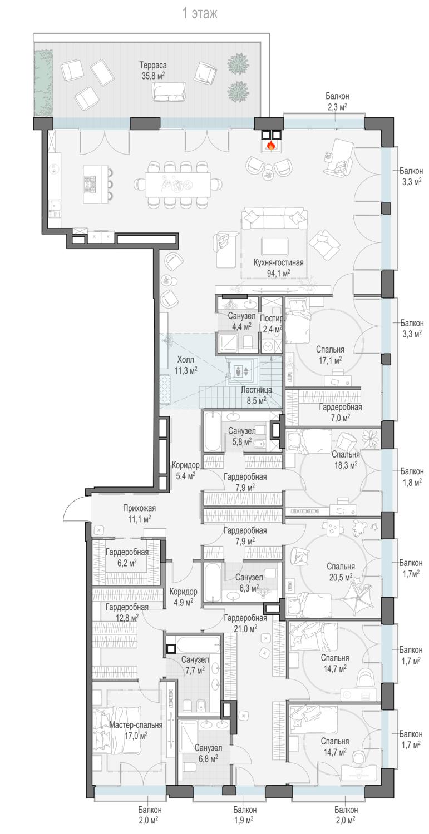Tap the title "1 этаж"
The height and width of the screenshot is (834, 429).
point(200,14)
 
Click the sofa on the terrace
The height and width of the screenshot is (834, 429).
point(169,92)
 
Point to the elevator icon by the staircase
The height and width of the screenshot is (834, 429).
point(241,371)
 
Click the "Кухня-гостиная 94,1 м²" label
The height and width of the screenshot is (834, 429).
point(278,267)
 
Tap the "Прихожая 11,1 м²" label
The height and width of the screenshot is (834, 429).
point(140,513)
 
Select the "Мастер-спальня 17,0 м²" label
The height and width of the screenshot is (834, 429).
point(136,730)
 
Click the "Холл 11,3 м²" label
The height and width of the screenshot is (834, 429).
point(186,365)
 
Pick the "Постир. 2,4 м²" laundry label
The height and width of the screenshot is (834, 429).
point(272,324)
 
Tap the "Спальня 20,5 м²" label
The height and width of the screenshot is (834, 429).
point(341,572)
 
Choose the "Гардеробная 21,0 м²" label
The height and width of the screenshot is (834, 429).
point(245,623)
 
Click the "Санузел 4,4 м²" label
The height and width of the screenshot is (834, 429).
point(241,321)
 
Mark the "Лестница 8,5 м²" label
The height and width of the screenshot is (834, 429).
point(256,395)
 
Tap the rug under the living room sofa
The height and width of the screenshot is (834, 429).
point(274,247)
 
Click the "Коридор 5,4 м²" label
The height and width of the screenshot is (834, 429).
point(185,470)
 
